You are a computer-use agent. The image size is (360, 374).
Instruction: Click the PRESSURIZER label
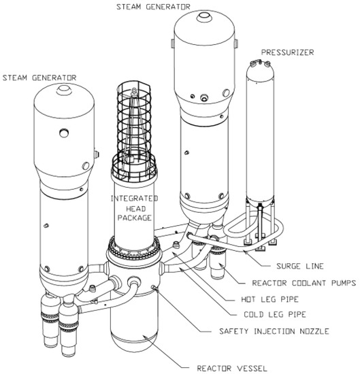pos(287,52)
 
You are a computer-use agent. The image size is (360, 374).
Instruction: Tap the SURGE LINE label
pos(300,266)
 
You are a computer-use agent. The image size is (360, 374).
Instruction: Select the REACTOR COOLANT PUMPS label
pos(304,283)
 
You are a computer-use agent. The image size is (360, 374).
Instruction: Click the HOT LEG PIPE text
pos(269,299)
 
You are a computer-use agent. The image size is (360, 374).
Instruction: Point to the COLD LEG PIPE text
pos(275,314)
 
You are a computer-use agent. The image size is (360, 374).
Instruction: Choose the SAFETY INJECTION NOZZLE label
pos(274,331)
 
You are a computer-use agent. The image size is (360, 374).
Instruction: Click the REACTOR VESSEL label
pos(232,368)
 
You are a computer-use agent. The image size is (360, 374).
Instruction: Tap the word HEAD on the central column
pos(135,209)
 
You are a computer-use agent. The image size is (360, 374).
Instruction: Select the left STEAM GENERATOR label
pos(39,78)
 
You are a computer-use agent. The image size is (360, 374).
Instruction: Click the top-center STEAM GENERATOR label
pos(153,7)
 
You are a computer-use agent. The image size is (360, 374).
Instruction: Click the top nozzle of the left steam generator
pos(64,90)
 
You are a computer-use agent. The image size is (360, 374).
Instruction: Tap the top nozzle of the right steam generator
pos(204,17)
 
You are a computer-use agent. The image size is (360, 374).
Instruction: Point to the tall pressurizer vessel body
pos(260,133)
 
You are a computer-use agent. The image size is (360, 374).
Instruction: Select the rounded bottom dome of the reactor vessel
pos(133,342)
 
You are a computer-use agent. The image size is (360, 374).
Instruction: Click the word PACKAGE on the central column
pos(135,218)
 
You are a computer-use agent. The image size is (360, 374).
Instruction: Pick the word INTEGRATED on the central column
pos(134,199)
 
